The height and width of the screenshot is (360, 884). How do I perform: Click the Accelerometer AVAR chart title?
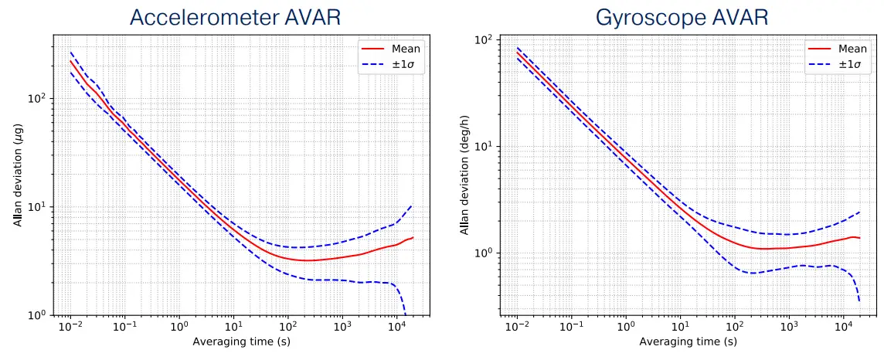[x=235, y=17]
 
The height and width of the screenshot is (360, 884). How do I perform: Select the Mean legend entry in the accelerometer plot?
[x=406, y=49]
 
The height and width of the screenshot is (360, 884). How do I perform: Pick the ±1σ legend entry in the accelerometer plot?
[x=406, y=63]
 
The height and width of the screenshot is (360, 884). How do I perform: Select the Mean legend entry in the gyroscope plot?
[x=852, y=49]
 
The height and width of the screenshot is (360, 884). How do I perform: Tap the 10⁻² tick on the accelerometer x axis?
[x=70, y=328]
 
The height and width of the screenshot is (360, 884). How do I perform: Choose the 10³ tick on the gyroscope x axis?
[x=789, y=328]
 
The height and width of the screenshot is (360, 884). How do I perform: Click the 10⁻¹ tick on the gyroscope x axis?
[x=570, y=328]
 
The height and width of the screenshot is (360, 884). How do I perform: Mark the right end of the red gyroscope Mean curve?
[x=860, y=238]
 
